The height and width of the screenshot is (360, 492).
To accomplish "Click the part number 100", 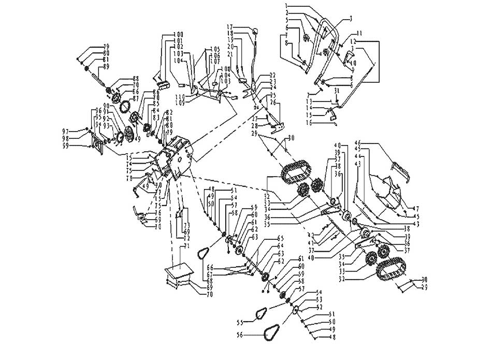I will pyautogui.click(x=179, y=34).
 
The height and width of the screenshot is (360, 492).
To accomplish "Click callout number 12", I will pyautogui.click(x=353, y=40).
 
